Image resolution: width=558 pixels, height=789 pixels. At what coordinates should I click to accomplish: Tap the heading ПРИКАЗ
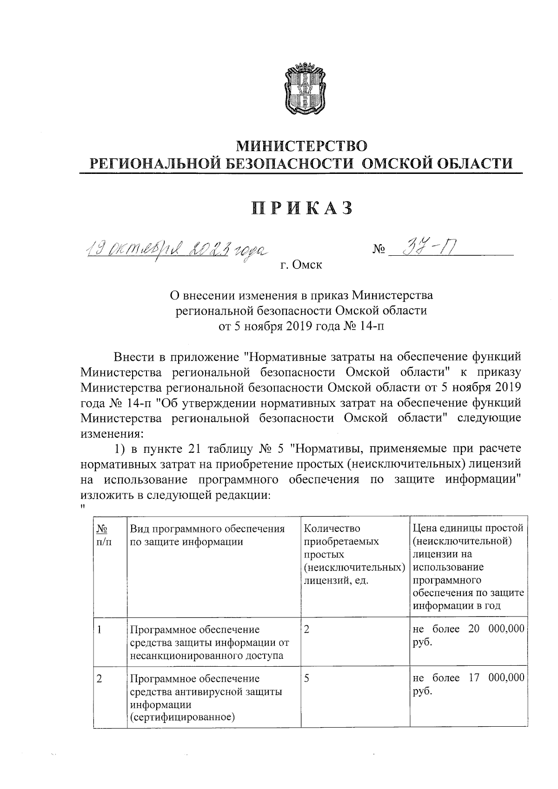(x=302, y=208)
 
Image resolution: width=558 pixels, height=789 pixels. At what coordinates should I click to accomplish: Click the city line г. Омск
(x=301, y=265)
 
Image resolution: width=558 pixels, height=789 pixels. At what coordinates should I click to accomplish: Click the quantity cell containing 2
(x=307, y=630)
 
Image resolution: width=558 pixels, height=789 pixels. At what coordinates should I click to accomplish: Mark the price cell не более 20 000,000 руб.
(x=468, y=636)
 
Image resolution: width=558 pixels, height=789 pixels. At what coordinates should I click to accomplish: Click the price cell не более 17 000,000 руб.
(x=468, y=684)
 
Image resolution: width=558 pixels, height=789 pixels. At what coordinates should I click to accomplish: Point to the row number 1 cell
(x=100, y=630)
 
